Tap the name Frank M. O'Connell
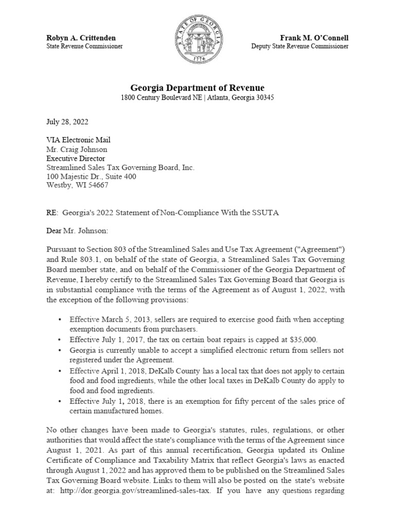tap(314, 38)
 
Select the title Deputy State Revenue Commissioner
tap(299, 46)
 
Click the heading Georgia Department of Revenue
tap(197, 88)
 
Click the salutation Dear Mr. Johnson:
tap(77, 231)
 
